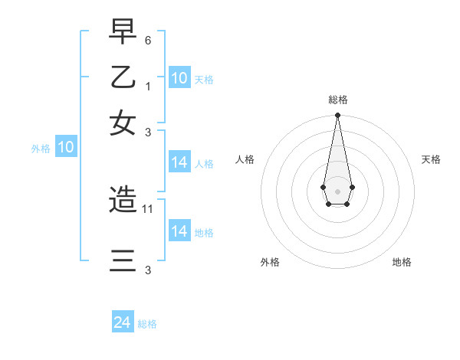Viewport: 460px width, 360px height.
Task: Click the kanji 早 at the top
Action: pyautogui.click(x=123, y=32)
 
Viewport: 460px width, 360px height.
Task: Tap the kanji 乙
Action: pyautogui.click(x=123, y=77)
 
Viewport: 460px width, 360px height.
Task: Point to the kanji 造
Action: pyautogui.click(x=123, y=201)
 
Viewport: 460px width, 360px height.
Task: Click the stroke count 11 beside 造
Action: pyautogui.click(x=149, y=208)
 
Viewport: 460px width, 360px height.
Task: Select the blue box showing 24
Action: pyautogui.click(x=123, y=323)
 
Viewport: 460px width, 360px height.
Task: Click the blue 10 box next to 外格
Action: pyautogui.click(x=66, y=148)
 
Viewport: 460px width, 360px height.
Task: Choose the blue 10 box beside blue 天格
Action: pyautogui.click(x=179, y=78)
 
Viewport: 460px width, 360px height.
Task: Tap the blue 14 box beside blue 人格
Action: pyautogui.click(x=179, y=162)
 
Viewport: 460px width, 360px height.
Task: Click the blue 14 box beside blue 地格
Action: pyautogui.click(x=179, y=231)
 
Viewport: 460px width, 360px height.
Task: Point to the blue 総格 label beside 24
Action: pyautogui.click(x=147, y=324)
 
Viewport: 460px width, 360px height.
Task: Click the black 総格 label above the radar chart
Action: pyautogui.click(x=337, y=100)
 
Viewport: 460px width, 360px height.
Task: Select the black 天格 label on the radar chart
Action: pyautogui.click(x=431, y=159)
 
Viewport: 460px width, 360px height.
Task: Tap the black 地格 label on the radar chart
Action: pyautogui.click(x=402, y=262)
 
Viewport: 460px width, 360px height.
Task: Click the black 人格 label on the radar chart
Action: pyautogui.click(x=245, y=159)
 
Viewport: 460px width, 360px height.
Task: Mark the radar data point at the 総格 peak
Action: pyautogui.click(x=337, y=116)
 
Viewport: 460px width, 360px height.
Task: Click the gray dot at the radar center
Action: pyautogui.click(x=337, y=190)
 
